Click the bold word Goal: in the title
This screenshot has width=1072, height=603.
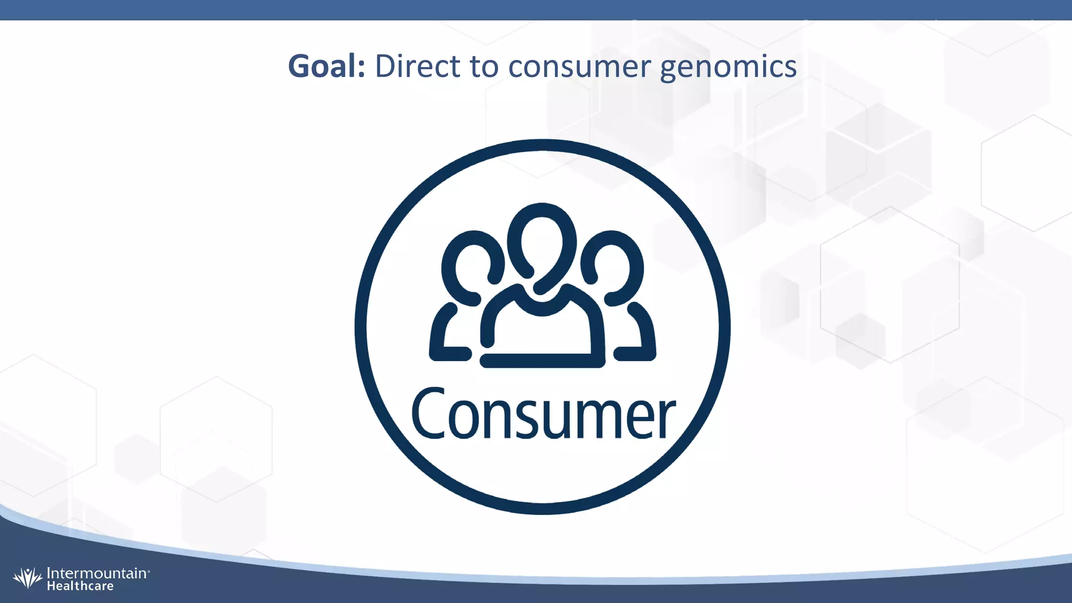pos(326,67)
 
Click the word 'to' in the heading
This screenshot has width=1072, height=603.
pos(484,67)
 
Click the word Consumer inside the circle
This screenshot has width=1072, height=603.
pos(543,414)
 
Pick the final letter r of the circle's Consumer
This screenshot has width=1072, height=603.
pos(667,419)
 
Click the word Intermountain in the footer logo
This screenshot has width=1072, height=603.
pos(96,573)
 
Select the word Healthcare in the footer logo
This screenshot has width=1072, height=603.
pos(80,586)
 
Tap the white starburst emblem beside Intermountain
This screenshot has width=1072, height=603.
pos(28,578)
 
